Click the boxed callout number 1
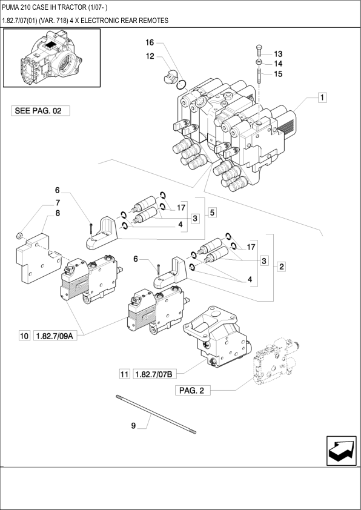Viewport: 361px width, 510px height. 322,98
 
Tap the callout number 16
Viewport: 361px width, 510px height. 150,42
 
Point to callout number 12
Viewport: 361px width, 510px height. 150,56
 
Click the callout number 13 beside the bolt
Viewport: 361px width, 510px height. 278,54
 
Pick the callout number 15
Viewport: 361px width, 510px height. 278,74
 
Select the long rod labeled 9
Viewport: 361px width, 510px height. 156,414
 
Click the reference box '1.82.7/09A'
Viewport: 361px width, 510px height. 55,336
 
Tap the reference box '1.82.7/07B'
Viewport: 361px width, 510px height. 155,374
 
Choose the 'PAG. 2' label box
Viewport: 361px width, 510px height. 193,390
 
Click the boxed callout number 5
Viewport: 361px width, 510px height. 212,213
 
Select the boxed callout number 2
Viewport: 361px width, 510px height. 281,267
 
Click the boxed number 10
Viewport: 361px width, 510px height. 24,336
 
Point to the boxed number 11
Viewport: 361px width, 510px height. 125,374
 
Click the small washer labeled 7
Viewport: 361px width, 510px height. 19,236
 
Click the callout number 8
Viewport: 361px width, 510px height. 58,213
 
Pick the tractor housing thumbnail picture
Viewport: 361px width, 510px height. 51,58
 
